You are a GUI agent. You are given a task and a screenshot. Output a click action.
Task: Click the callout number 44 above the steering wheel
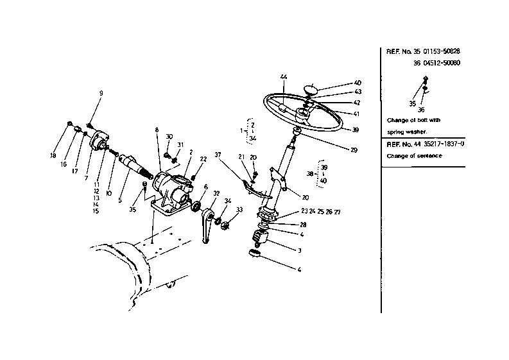pos(283,77)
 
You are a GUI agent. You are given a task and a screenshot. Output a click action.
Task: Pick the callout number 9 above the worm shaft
pos(101,94)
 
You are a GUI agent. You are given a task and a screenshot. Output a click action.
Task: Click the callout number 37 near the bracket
pos(218,155)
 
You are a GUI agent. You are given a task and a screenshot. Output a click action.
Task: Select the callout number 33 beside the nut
pos(239,210)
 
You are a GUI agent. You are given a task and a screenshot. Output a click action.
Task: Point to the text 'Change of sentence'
pos(415,156)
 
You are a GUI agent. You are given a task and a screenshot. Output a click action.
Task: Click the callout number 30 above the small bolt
pos(169,137)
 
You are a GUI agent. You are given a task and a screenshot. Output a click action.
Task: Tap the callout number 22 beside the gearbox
pos(203,159)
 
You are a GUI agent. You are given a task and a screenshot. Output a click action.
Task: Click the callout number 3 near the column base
pos(298,250)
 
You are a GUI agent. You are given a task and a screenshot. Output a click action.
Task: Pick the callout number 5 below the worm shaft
pos(119,200)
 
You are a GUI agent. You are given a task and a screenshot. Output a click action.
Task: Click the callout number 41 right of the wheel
pos(357,114)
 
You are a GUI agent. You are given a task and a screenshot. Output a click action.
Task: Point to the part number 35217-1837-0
pos(442,144)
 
